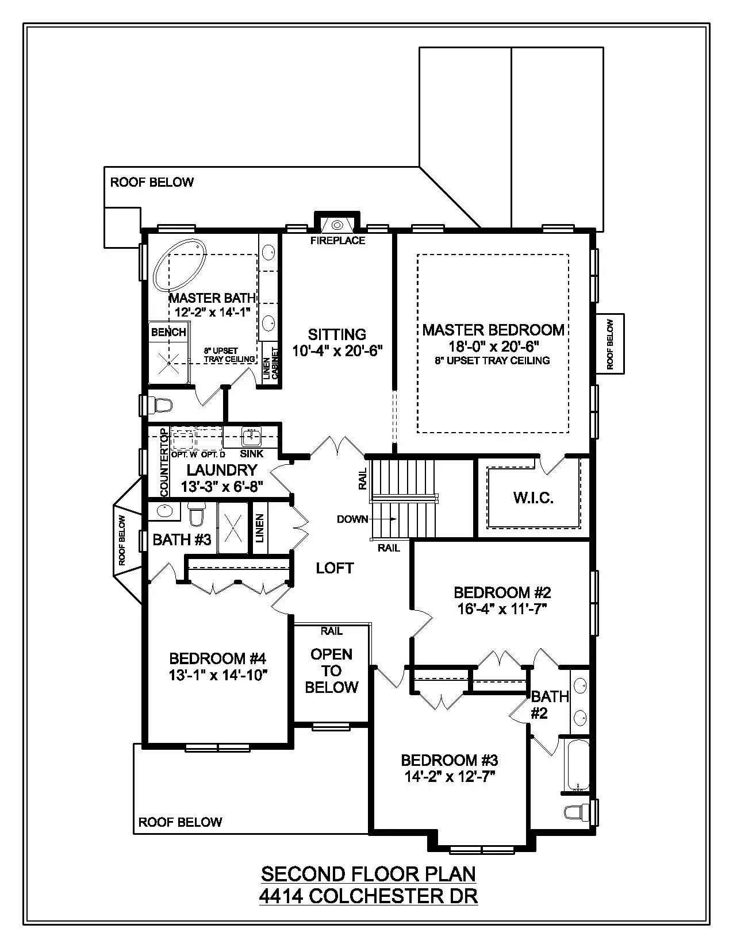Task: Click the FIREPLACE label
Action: click(337, 241)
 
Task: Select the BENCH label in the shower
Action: click(168, 332)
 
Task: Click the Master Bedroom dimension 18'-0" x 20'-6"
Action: click(493, 346)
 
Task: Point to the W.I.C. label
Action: click(533, 498)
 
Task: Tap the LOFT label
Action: click(335, 568)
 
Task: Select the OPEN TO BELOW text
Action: click(332, 670)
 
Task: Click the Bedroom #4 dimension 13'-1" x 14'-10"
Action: click(218, 675)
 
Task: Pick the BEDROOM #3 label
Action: click(449, 760)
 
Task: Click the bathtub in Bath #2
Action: click(577, 765)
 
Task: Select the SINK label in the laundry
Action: click(252, 453)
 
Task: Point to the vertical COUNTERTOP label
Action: click(164, 463)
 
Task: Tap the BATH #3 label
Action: click(182, 539)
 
